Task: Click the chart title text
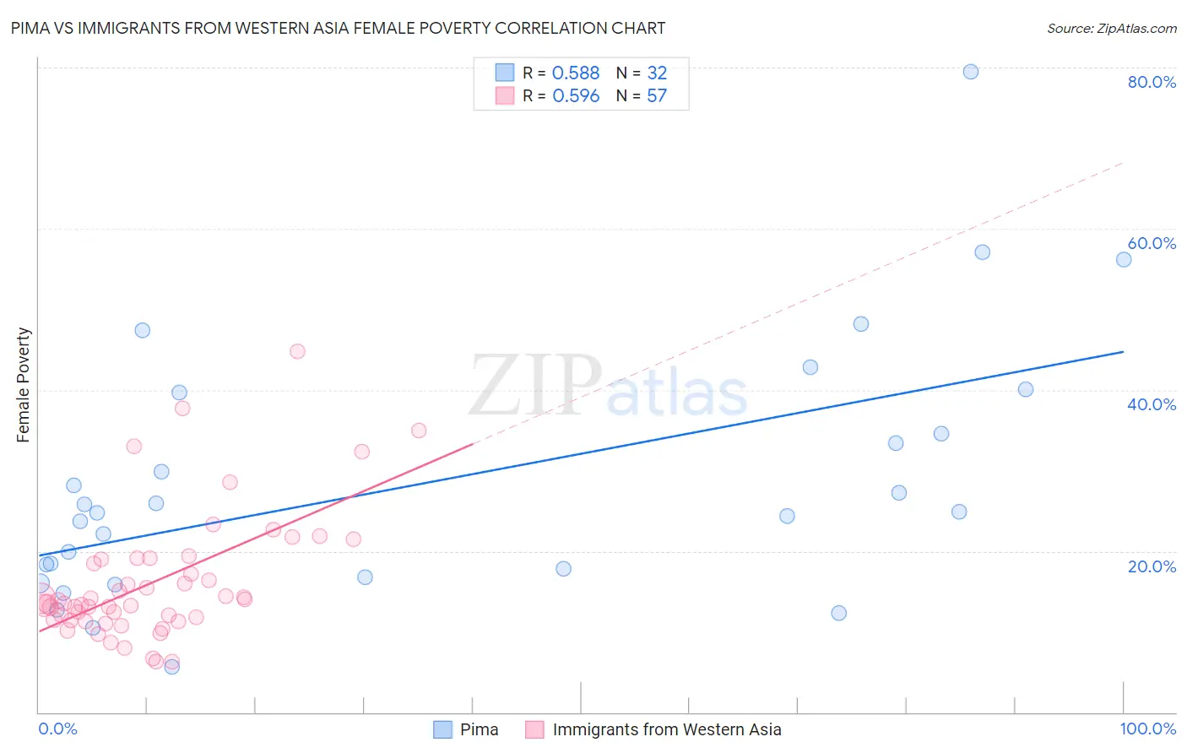(338, 29)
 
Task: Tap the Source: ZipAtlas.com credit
(1111, 29)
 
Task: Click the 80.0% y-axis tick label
(1152, 82)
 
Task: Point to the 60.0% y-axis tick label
(1152, 243)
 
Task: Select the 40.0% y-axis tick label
(1152, 404)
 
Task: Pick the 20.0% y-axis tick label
(1152, 566)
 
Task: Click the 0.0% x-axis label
(57, 729)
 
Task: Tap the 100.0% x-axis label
(1147, 729)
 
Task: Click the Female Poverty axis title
(24, 385)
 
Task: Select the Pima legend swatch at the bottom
(442, 729)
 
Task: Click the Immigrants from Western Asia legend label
(667, 729)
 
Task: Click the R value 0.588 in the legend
(576, 73)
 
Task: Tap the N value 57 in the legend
(657, 96)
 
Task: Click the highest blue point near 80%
(971, 72)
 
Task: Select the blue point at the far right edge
(1124, 259)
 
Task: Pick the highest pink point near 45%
(297, 351)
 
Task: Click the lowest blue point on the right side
(838, 613)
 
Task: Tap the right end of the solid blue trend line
(1124, 351)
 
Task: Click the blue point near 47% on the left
(143, 330)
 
